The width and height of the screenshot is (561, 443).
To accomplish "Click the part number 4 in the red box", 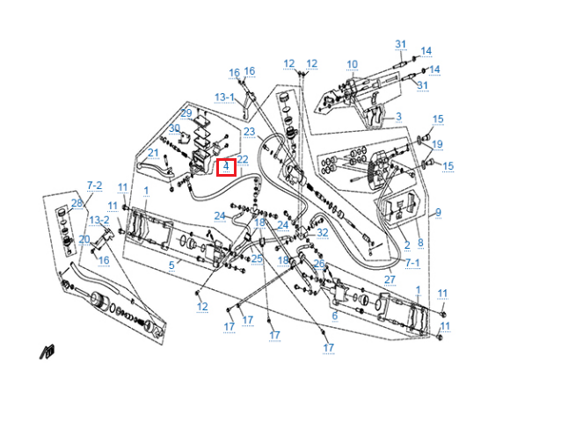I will (x=226, y=165).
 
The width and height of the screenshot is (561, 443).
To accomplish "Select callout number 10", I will (x=352, y=64).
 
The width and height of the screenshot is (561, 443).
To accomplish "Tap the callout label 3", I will (x=398, y=117).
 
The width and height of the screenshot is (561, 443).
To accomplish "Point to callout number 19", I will (x=437, y=144).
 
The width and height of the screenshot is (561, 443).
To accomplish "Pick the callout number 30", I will (x=174, y=128).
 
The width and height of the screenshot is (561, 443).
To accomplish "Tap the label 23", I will (x=249, y=132).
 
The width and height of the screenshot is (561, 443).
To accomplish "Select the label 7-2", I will (x=94, y=185).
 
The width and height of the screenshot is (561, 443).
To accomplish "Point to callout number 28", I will (x=76, y=204).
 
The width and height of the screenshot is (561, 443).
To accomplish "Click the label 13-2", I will (x=99, y=220).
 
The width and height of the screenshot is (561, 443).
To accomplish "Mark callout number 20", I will (x=84, y=239).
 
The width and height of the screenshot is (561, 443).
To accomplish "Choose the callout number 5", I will (x=171, y=265).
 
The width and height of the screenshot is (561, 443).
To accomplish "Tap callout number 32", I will (x=323, y=233).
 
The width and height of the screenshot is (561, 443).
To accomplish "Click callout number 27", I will (x=390, y=280).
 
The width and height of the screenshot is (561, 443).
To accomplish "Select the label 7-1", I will (x=412, y=263).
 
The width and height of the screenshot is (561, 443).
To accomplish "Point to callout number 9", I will (x=438, y=212).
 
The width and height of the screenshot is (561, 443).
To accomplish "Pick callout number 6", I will (x=334, y=316).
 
